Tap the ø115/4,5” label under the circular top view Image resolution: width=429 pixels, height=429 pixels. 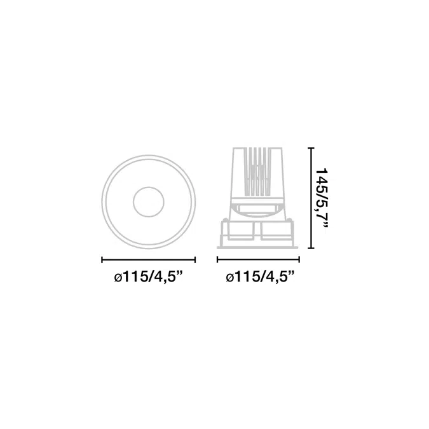pos(148,278)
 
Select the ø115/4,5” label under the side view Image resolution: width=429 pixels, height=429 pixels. pos(260,278)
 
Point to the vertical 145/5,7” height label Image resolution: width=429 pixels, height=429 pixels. pos(322,200)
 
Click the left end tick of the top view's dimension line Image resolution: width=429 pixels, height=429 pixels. pos(102,260)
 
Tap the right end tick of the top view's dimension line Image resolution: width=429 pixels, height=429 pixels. pos(195,260)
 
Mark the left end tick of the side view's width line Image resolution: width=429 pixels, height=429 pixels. pos(217,260)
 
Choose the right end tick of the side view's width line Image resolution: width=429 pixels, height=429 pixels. pos(299,260)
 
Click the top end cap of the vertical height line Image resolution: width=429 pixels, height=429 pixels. pos(311,147)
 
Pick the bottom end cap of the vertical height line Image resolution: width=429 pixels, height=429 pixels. pos(311,248)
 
